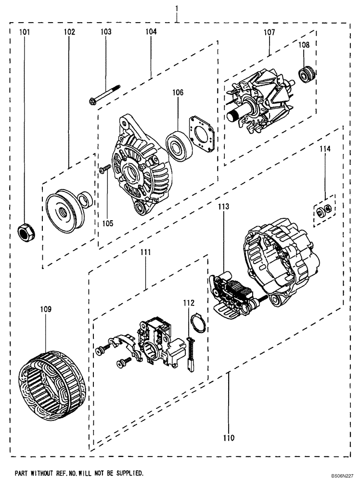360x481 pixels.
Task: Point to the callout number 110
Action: pyautogui.click(x=229, y=438)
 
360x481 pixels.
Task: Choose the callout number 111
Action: pyautogui.click(x=145, y=252)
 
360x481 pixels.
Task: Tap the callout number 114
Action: pyautogui.click(x=326, y=150)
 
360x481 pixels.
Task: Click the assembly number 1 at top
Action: pyautogui.click(x=177, y=9)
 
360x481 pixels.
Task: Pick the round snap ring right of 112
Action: pyautogui.click(x=198, y=322)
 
